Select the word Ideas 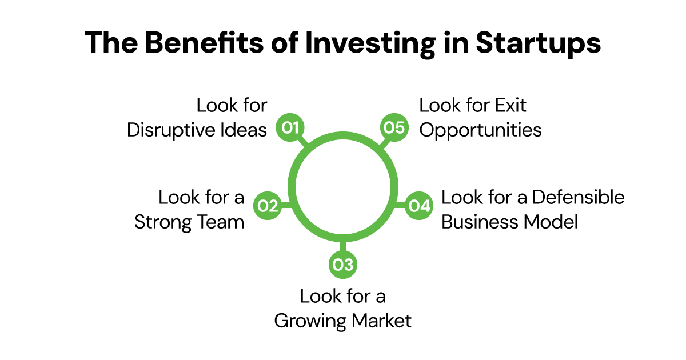coord(246,130)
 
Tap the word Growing coord(310,321)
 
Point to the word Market coord(381,321)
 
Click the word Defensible coord(579,198)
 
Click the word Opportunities coord(480,130)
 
